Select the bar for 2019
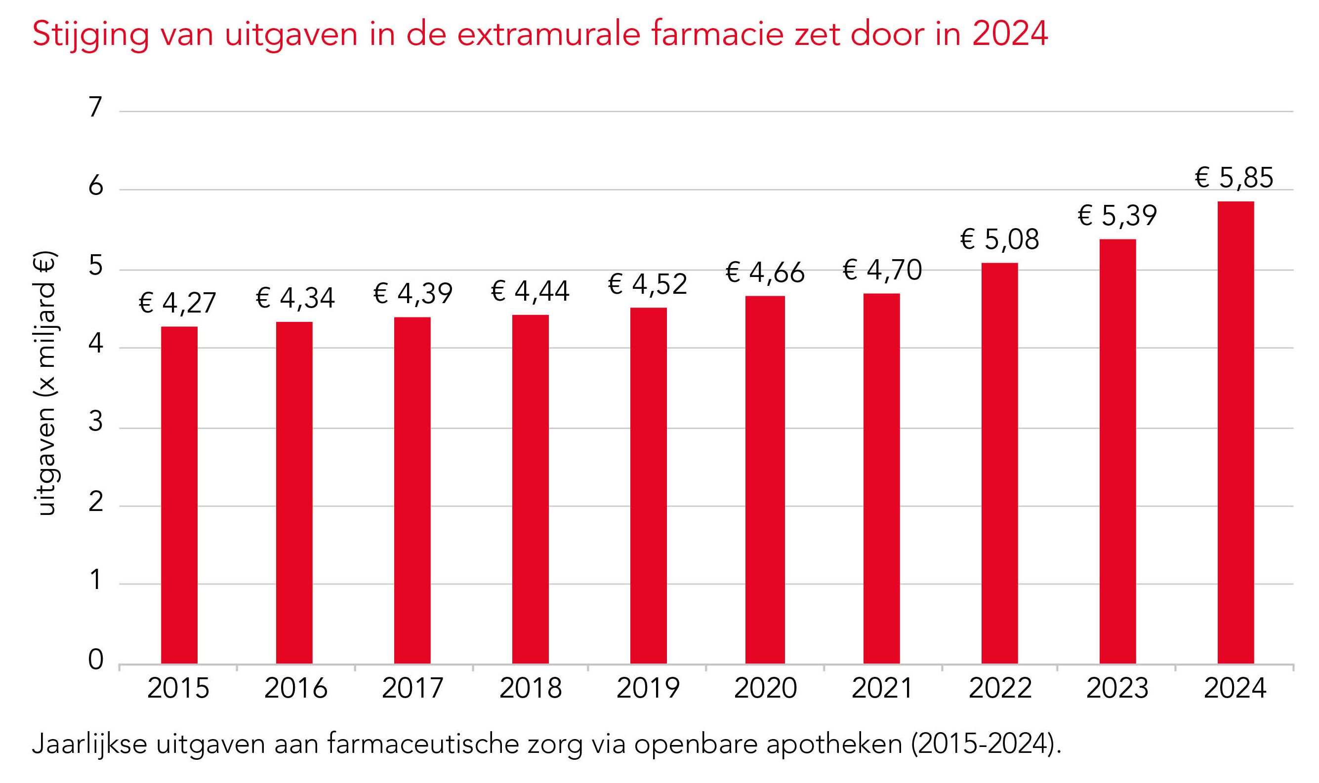[648, 485]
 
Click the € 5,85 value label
[1234, 177]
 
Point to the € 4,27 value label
[177, 303]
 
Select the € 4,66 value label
[765, 272]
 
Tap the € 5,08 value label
[999, 239]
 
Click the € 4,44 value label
[530, 291]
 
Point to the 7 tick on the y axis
[95, 107]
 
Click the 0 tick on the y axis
[95, 659]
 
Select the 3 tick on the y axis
[95, 422]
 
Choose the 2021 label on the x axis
[882, 688]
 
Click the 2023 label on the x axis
[1117, 688]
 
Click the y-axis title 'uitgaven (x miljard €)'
[45, 383]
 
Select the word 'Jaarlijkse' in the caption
[89, 744]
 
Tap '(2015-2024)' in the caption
[986, 744]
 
